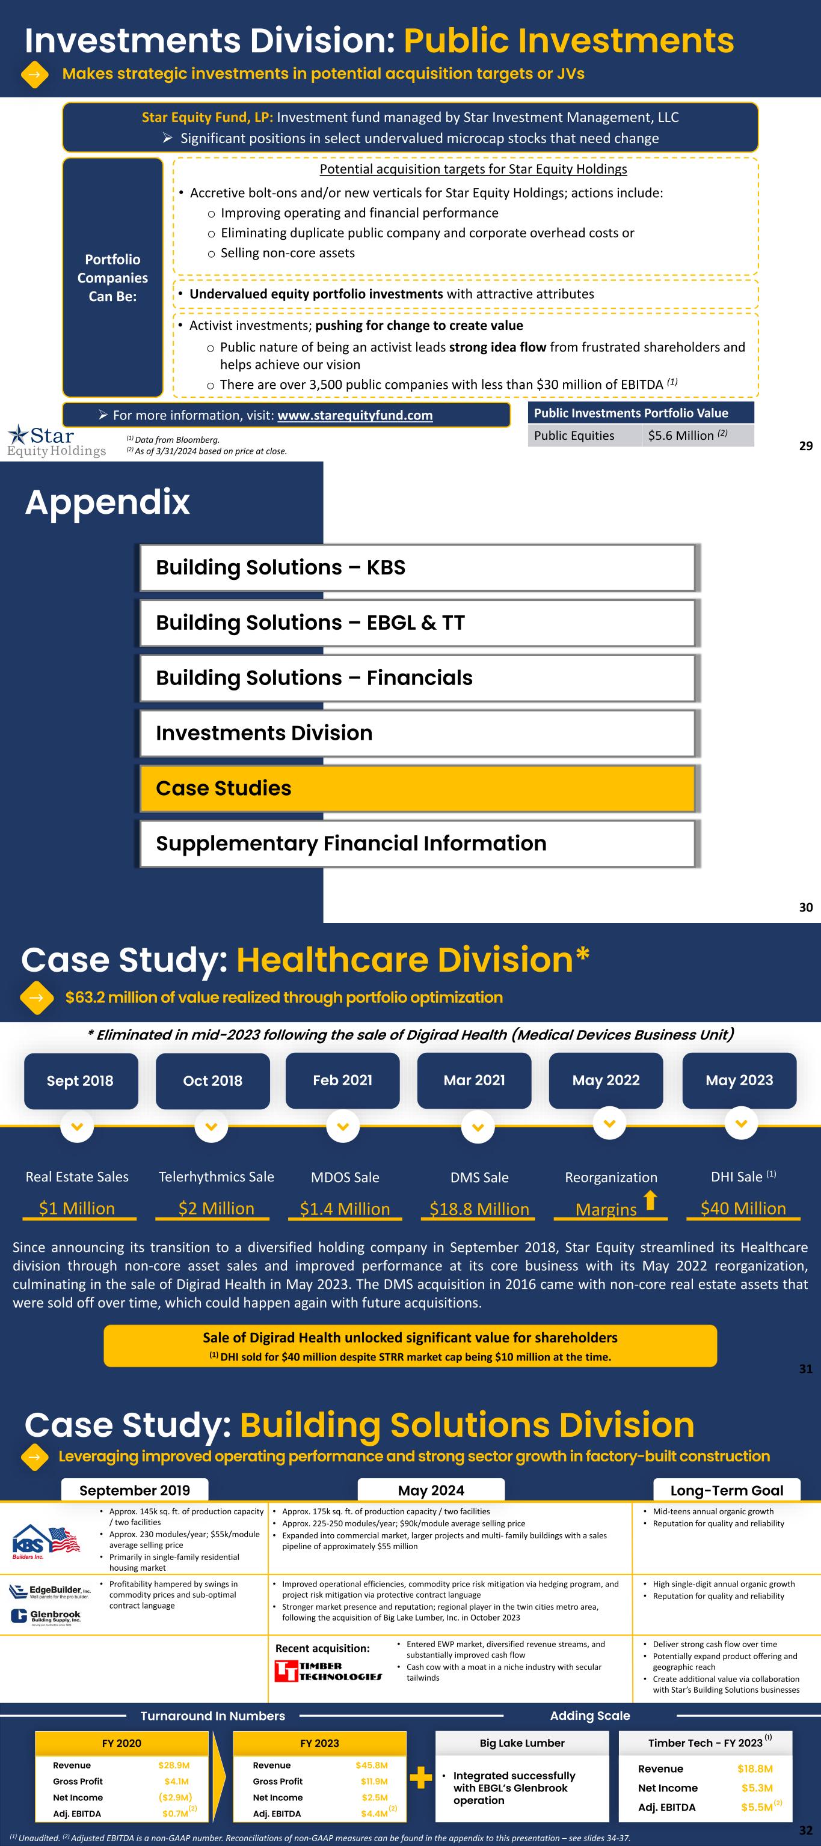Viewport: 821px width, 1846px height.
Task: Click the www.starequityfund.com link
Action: [355, 416]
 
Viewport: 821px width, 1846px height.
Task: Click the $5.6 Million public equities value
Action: [681, 436]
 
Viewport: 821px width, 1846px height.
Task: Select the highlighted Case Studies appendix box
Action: [417, 788]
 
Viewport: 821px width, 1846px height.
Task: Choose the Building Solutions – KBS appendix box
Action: [417, 567]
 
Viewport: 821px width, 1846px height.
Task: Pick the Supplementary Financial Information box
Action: [417, 844]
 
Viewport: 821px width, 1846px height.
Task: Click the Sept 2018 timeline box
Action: [81, 1080]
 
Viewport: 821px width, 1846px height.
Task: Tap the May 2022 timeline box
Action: [606, 1080]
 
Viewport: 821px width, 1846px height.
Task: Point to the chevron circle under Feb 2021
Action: [343, 1127]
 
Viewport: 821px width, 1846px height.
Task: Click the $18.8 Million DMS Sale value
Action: [479, 1210]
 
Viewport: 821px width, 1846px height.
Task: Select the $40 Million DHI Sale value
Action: [743, 1209]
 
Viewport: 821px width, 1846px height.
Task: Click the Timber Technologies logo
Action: [328, 1671]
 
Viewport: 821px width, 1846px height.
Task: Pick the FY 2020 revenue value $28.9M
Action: [173, 1765]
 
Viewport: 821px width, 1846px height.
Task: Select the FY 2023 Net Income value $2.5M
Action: [374, 1798]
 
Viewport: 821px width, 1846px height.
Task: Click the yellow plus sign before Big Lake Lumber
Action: [421, 1778]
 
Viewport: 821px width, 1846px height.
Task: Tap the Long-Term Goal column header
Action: [727, 1490]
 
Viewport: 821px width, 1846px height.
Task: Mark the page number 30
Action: [806, 907]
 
